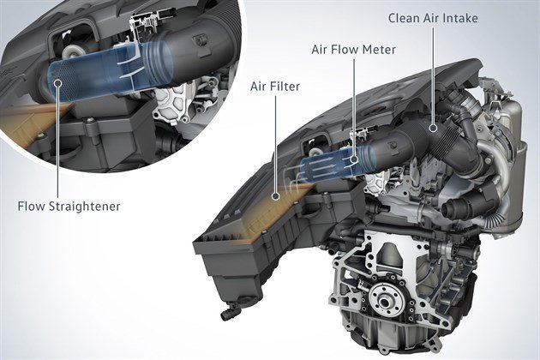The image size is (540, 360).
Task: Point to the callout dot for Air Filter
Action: click(274, 195)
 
